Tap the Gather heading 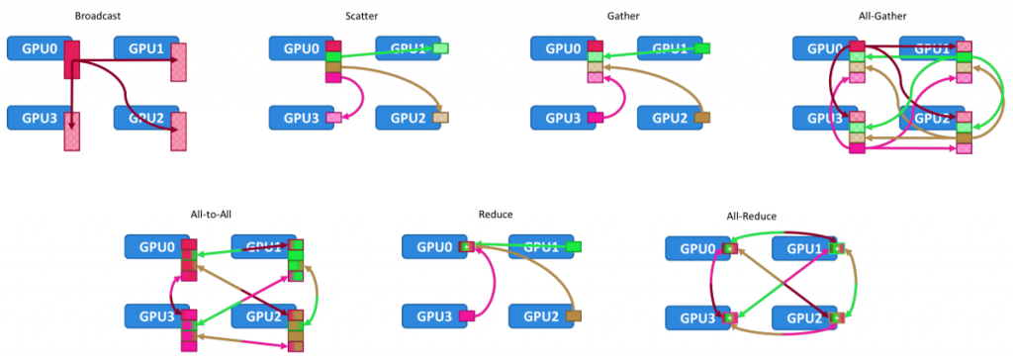[x=623, y=16]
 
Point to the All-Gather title [x=883, y=16]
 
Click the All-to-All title [x=211, y=214]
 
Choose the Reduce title [x=496, y=214]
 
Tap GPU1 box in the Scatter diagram [x=404, y=47]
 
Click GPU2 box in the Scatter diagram [x=404, y=118]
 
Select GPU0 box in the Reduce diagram [x=431, y=246]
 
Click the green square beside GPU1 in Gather [x=702, y=47]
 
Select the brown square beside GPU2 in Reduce [x=575, y=315]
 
